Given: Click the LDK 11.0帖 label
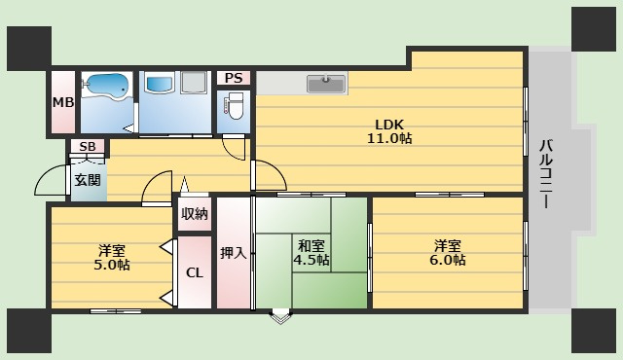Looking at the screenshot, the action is (389, 131).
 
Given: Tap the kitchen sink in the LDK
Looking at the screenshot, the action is (326, 84).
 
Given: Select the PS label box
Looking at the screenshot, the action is (234, 78).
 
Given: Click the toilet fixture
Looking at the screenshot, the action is (235, 106).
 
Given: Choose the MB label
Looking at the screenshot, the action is (63, 102).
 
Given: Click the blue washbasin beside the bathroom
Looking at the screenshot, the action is (160, 84).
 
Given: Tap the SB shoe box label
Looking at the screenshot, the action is (88, 147).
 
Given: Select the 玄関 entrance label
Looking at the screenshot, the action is (88, 180).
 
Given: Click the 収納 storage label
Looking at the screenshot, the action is (195, 214).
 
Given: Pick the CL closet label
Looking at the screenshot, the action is (195, 272).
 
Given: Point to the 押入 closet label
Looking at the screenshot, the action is (234, 253).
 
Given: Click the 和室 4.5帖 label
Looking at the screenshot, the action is (311, 252).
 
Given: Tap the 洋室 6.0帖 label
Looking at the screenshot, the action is (448, 252).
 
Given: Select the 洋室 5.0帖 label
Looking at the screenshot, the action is (112, 258).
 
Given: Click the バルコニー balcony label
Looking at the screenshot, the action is (546, 174).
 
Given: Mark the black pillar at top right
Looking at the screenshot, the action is (594, 29).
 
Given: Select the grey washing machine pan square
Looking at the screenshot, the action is (194, 83).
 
